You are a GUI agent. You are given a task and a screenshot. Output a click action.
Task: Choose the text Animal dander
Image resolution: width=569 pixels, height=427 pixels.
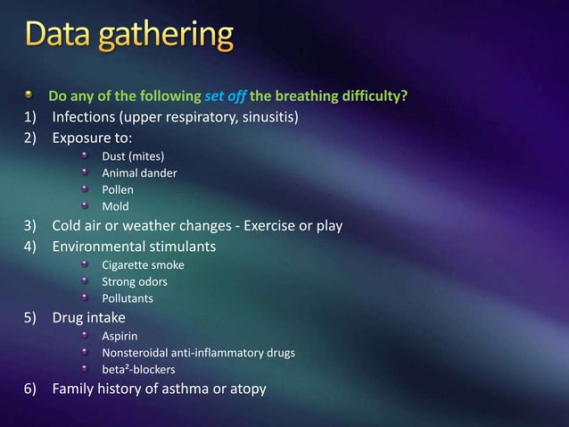pos(139,173)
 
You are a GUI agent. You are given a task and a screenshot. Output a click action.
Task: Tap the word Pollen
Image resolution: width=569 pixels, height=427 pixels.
pos(118,190)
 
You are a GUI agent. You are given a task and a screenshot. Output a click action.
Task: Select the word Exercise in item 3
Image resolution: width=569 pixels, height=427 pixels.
pos(249,225)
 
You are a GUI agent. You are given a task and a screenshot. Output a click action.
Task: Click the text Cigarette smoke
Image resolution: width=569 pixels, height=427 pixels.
pos(143,264)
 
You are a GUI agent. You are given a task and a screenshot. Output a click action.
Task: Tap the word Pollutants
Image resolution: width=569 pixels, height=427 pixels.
pos(128,297)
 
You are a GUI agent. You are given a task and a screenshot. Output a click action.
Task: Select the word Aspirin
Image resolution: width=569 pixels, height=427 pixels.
pos(120,336)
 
